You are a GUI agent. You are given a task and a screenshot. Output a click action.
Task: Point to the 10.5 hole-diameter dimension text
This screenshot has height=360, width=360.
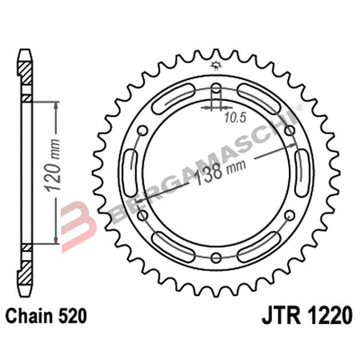pos(232,119)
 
